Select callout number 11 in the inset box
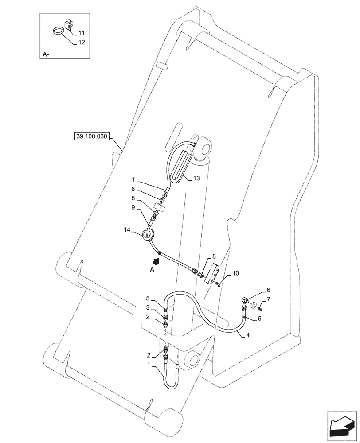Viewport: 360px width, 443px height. (82, 33)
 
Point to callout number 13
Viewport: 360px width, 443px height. (196, 178)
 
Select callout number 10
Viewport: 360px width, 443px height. (235, 273)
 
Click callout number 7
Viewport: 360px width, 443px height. (268, 300)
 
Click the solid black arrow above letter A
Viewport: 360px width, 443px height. (158, 256)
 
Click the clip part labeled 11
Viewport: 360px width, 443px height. (68, 25)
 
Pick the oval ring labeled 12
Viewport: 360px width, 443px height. (58, 31)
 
